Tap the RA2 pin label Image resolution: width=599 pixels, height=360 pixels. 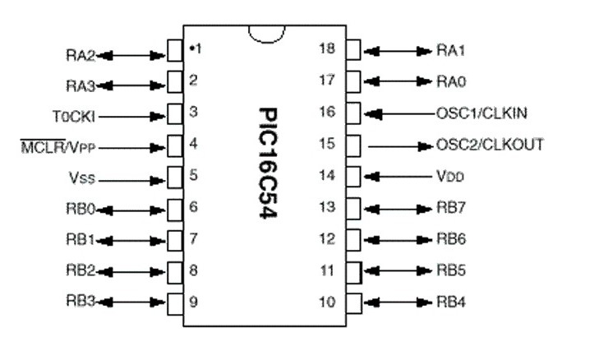[x=80, y=57]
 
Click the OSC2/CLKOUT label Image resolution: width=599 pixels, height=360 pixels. [x=490, y=145]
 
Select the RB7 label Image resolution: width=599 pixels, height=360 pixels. [x=452, y=207]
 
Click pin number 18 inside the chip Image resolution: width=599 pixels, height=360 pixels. [x=327, y=48]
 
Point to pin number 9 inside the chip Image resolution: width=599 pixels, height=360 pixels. [x=193, y=302]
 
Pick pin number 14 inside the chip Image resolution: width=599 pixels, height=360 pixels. [x=327, y=175]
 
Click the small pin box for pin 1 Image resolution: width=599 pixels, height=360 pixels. [x=174, y=50]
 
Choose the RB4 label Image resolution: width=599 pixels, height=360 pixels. [x=452, y=302]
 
